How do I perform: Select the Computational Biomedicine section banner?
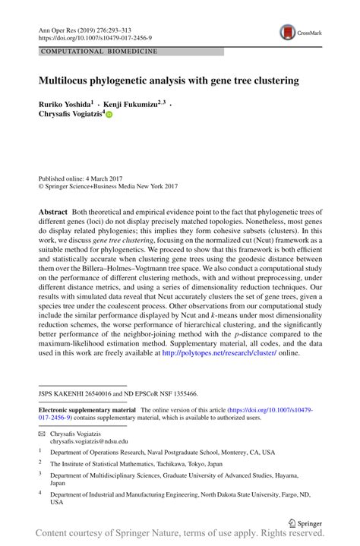tap(99, 52)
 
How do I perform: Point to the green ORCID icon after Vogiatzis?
tap(109, 115)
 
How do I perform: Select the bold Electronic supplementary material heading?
tap(87, 409)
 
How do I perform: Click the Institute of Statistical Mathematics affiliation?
tap(136, 462)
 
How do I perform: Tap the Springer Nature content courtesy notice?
tap(180, 537)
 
